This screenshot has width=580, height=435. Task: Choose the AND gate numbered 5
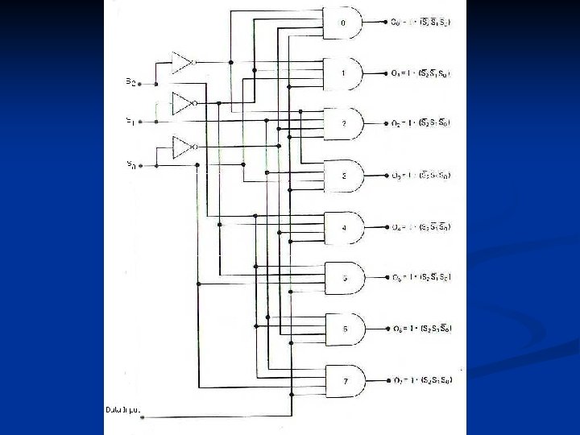tap(343, 278)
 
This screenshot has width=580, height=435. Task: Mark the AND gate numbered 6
tap(343, 329)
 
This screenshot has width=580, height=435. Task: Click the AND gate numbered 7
tap(343, 379)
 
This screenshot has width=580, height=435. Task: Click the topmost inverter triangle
tap(182, 61)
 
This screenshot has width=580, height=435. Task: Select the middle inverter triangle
tap(182, 103)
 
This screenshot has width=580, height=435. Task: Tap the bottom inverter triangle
tap(182, 147)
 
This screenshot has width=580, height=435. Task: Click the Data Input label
tap(123, 410)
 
